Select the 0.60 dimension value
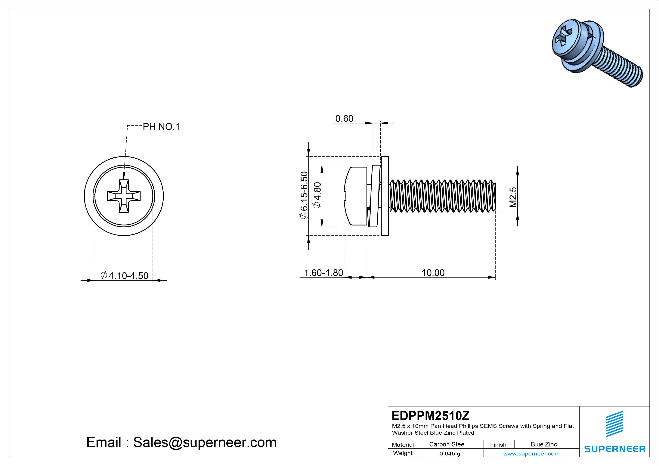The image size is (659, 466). coord(344,119)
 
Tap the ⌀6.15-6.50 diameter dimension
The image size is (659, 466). coord(303,196)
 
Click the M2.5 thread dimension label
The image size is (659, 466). coord(513,197)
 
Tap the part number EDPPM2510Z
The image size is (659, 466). coord(431,415)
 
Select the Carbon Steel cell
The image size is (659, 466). coord(447,444)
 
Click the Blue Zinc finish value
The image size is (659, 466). coord(544,444)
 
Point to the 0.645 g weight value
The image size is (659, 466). coord(450,454)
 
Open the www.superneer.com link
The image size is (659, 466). coord(531,454)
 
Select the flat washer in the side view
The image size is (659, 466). coord(385,196)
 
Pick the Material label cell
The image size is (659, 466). coord(403,444)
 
